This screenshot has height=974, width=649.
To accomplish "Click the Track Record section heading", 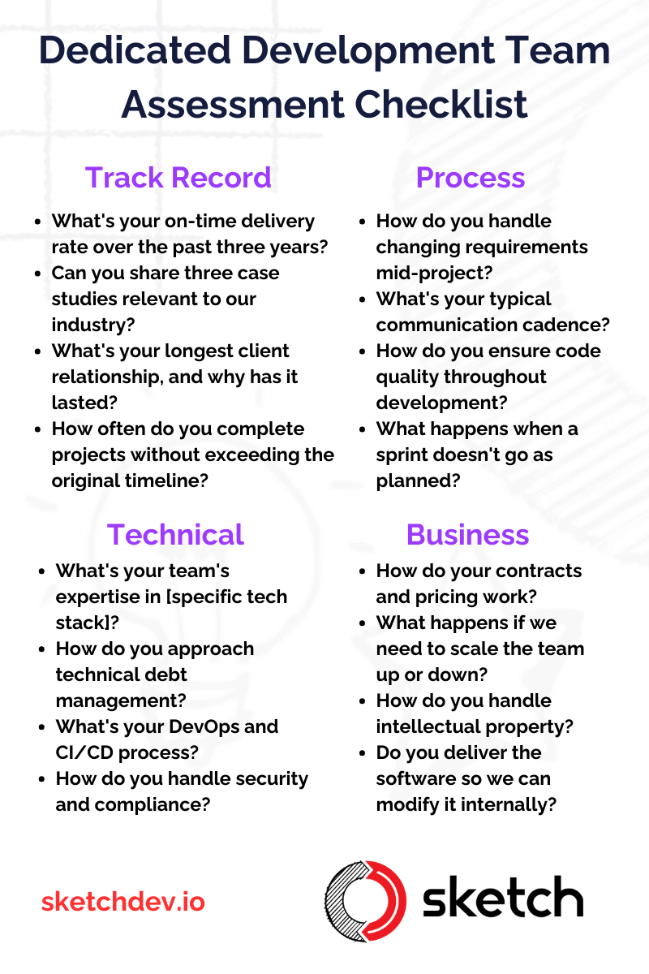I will [178, 178].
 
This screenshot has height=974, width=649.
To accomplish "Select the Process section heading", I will [471, 178].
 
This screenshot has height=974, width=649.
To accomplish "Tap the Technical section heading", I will [175, 534].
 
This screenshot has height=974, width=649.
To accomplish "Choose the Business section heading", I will [467, 534].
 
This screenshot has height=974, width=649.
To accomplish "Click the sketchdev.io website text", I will [123, 901].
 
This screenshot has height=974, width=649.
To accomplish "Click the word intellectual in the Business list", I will [428, 726].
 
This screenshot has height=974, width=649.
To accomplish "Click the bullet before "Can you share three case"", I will [38, 274].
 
